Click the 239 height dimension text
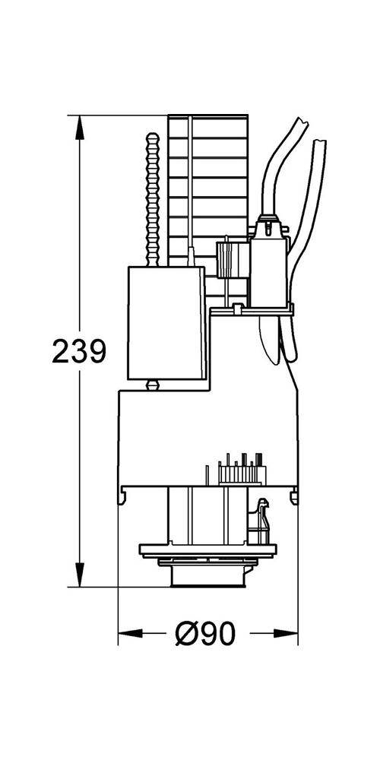[78, 351]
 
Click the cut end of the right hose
[320, 141]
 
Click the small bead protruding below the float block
[152, 385]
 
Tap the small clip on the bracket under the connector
[238, 310]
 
